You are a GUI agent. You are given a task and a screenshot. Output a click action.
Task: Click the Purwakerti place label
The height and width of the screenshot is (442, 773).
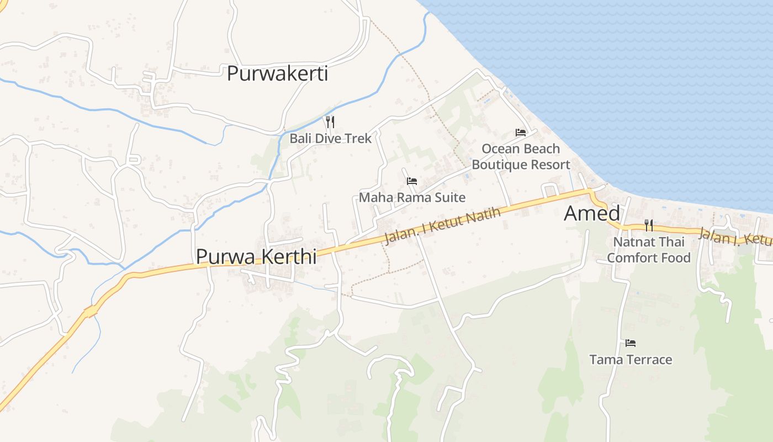coord(277,73)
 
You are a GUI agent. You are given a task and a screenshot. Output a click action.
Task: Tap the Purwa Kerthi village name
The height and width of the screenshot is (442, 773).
coord(256,256)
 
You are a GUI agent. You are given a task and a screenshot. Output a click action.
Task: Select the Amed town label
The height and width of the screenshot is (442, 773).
coord(592,214)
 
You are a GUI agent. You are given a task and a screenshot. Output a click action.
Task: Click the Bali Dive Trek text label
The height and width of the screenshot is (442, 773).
coord(331,138)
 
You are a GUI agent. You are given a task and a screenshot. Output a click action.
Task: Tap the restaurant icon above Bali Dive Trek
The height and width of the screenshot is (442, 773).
coord(330,122)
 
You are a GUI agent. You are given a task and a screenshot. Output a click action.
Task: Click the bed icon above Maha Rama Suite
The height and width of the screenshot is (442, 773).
coord(412,181)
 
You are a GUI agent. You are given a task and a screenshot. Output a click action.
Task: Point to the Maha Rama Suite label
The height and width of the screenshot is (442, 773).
coord(412,197)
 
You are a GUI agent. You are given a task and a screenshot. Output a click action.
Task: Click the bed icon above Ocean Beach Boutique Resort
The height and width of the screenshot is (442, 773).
coord(521,133)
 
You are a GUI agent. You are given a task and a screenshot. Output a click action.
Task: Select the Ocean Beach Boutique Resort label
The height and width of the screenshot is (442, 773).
coord(521,156)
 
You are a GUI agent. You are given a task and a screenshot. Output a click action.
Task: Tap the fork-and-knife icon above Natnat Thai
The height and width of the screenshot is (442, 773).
coord(649,225)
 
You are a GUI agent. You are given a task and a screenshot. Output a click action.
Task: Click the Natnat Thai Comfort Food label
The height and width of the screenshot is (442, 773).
coord(649,250)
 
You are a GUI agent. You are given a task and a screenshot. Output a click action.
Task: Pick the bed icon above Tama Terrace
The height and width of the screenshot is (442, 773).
coord(631,343)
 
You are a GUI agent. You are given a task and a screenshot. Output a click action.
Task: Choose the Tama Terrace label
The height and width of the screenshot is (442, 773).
coord(631,360)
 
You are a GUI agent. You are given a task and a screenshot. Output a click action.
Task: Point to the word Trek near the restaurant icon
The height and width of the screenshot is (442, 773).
coord(358,138)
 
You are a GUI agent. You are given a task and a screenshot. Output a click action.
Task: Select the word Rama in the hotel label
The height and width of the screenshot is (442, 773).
coord(406,197)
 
